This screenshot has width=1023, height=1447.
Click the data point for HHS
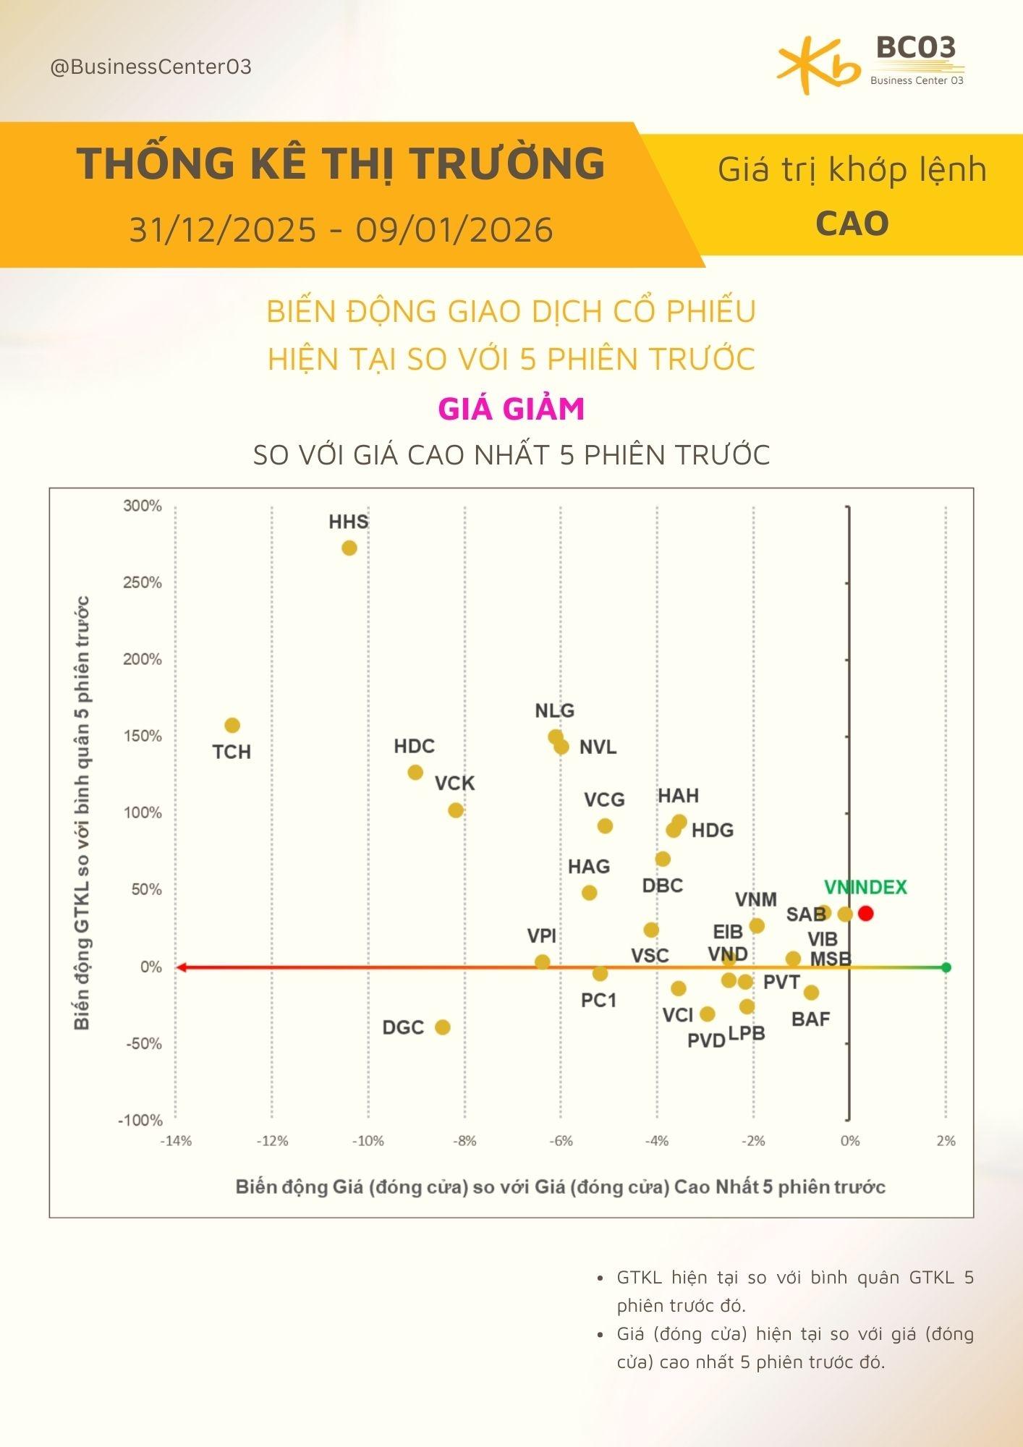349,548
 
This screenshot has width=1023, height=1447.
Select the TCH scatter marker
232,725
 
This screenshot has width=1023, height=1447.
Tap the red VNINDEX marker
865,913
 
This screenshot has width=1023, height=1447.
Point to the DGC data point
442,1027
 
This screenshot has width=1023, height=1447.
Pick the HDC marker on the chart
415,772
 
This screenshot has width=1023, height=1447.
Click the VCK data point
455,810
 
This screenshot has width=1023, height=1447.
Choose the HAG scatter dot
589,893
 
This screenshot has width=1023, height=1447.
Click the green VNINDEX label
865,887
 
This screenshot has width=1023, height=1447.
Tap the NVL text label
598,747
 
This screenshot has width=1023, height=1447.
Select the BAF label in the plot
810,1019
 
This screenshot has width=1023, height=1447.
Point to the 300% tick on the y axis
143,506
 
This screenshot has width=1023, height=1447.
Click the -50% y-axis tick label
144,1043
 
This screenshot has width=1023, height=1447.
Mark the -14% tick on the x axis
176,1141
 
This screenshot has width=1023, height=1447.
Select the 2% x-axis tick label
946,1141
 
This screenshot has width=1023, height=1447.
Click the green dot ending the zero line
946,967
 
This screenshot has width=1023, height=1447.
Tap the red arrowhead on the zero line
181,967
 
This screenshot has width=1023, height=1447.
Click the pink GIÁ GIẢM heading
511,409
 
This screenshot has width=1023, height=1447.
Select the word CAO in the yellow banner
852,224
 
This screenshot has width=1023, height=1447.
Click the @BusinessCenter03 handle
150,67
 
